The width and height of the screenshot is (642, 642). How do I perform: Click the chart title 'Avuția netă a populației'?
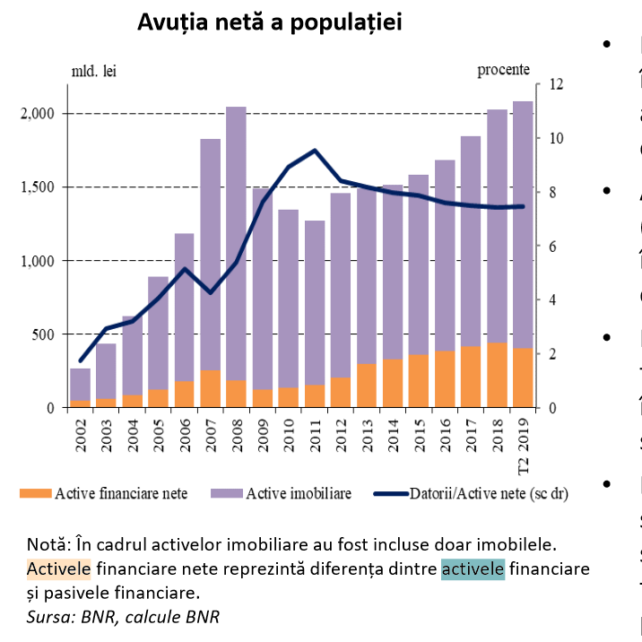click(x=269, y=23)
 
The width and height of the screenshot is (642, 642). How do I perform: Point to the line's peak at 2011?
click(x=314, y=151)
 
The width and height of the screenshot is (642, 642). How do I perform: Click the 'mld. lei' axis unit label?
click(x=94, y=69)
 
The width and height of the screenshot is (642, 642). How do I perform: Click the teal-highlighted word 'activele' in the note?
click(x=473, y=569)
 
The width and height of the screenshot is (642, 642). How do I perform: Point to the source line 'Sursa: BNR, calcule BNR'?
click(x=123, y=616)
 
